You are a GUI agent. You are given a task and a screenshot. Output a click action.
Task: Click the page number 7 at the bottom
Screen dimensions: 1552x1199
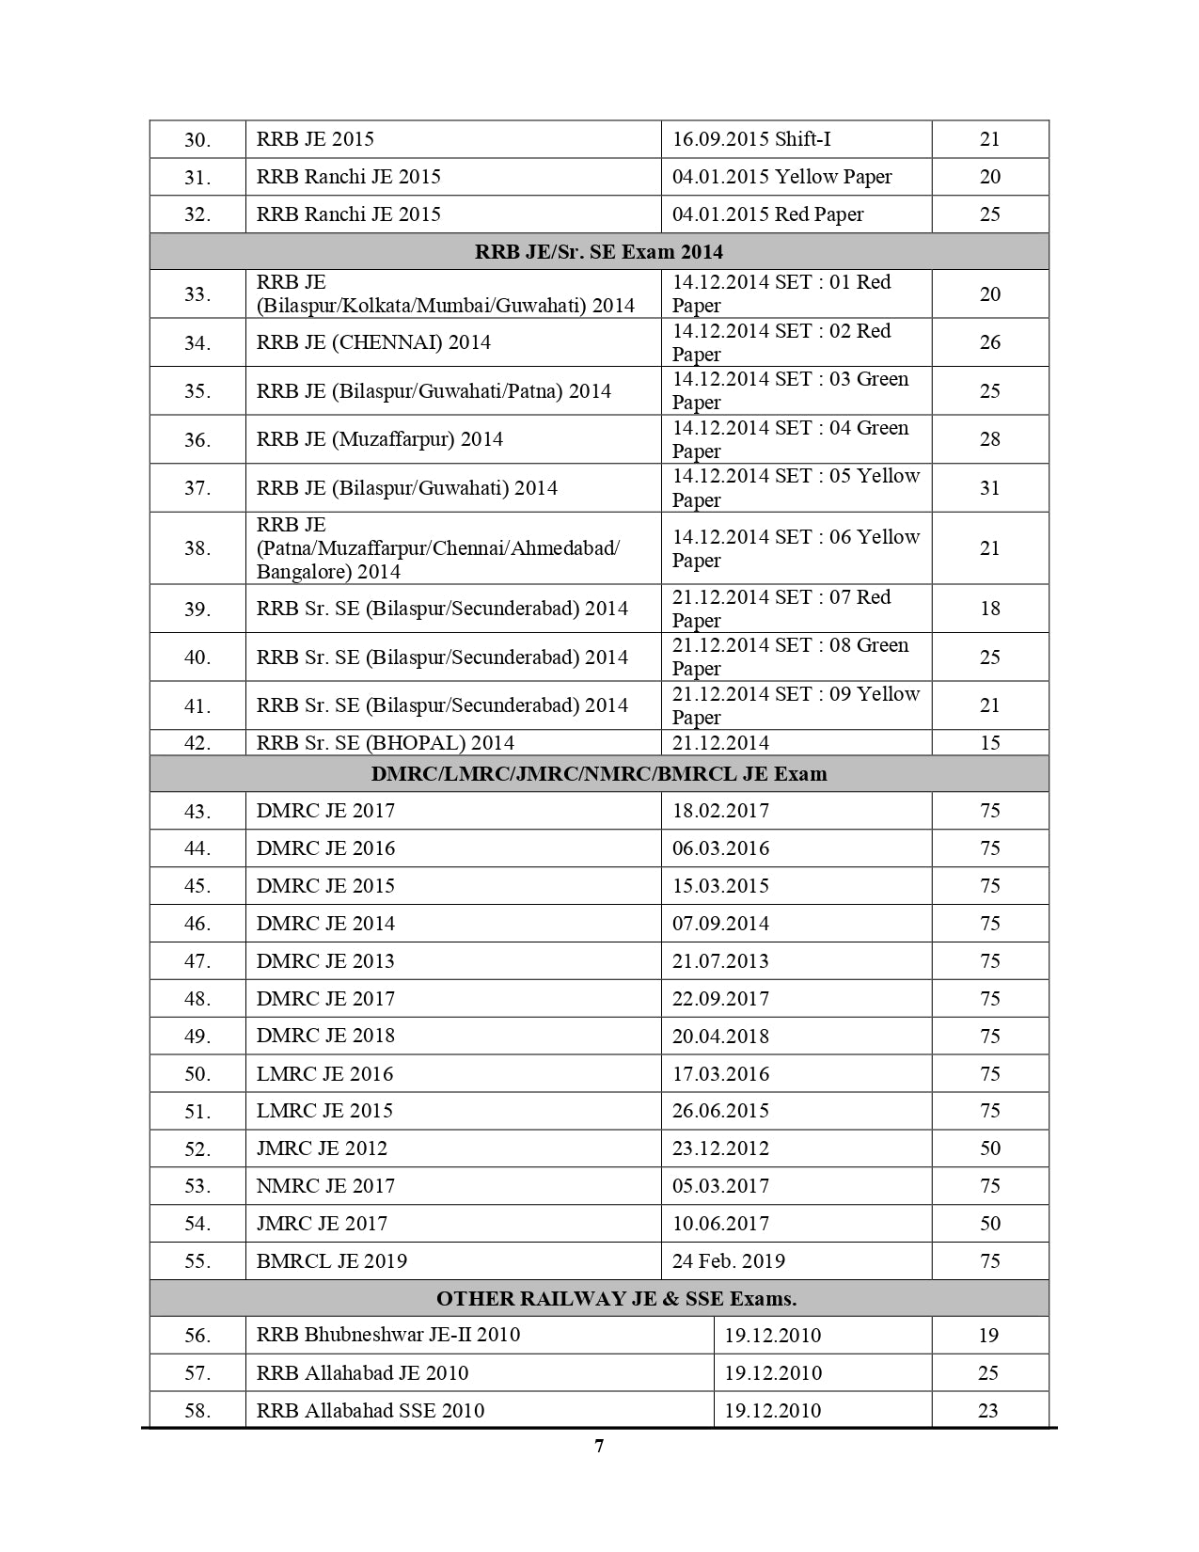599,1447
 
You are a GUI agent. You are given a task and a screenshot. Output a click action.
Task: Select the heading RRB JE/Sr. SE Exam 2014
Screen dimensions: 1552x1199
599,252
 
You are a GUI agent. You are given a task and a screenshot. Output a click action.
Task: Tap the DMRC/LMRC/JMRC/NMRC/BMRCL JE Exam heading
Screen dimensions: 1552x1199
599,774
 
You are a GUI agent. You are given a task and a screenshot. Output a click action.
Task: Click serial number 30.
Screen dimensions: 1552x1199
197,140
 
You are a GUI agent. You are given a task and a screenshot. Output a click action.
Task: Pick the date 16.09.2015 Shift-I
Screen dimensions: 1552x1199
751,139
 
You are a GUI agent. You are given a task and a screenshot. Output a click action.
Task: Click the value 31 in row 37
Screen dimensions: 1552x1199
989,487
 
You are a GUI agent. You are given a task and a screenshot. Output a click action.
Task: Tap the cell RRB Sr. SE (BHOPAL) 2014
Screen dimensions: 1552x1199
386,743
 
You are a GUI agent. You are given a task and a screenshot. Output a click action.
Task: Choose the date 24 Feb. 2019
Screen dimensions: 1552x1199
728,1261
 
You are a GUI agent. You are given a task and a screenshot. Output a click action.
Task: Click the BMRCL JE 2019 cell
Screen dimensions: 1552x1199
331,1261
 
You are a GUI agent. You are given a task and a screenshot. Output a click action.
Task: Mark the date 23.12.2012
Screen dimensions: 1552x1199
720,1148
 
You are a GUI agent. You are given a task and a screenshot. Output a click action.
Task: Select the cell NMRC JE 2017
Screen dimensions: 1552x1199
325,1186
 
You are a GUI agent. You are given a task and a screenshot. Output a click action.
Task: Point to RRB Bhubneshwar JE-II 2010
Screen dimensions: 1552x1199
387,1336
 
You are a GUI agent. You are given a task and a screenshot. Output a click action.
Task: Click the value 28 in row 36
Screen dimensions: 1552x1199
989,439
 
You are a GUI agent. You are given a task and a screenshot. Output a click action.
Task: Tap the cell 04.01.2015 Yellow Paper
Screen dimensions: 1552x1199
781,177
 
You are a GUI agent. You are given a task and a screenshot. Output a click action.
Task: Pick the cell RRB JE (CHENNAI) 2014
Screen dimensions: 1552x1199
373,342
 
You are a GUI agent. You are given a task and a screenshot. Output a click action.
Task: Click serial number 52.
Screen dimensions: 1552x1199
197,1149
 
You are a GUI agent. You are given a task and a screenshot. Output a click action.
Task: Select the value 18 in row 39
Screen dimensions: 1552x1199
989,609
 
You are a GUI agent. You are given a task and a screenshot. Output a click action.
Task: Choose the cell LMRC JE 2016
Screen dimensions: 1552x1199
324,1074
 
